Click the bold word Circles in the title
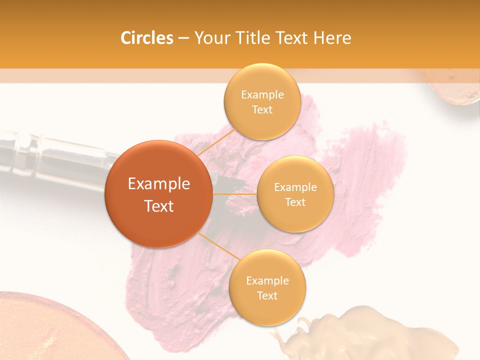(147, 38)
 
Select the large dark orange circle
(158, 194)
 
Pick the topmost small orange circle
(262, 101)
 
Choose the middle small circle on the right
(295, 194)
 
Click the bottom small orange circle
(267, 287)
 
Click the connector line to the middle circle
(234, 193)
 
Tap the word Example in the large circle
(158, 184)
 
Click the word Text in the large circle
(158, 206)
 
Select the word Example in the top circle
(262, 95)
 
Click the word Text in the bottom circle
(267, 295)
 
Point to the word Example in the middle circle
(295, 187)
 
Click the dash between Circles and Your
(183, 38)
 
